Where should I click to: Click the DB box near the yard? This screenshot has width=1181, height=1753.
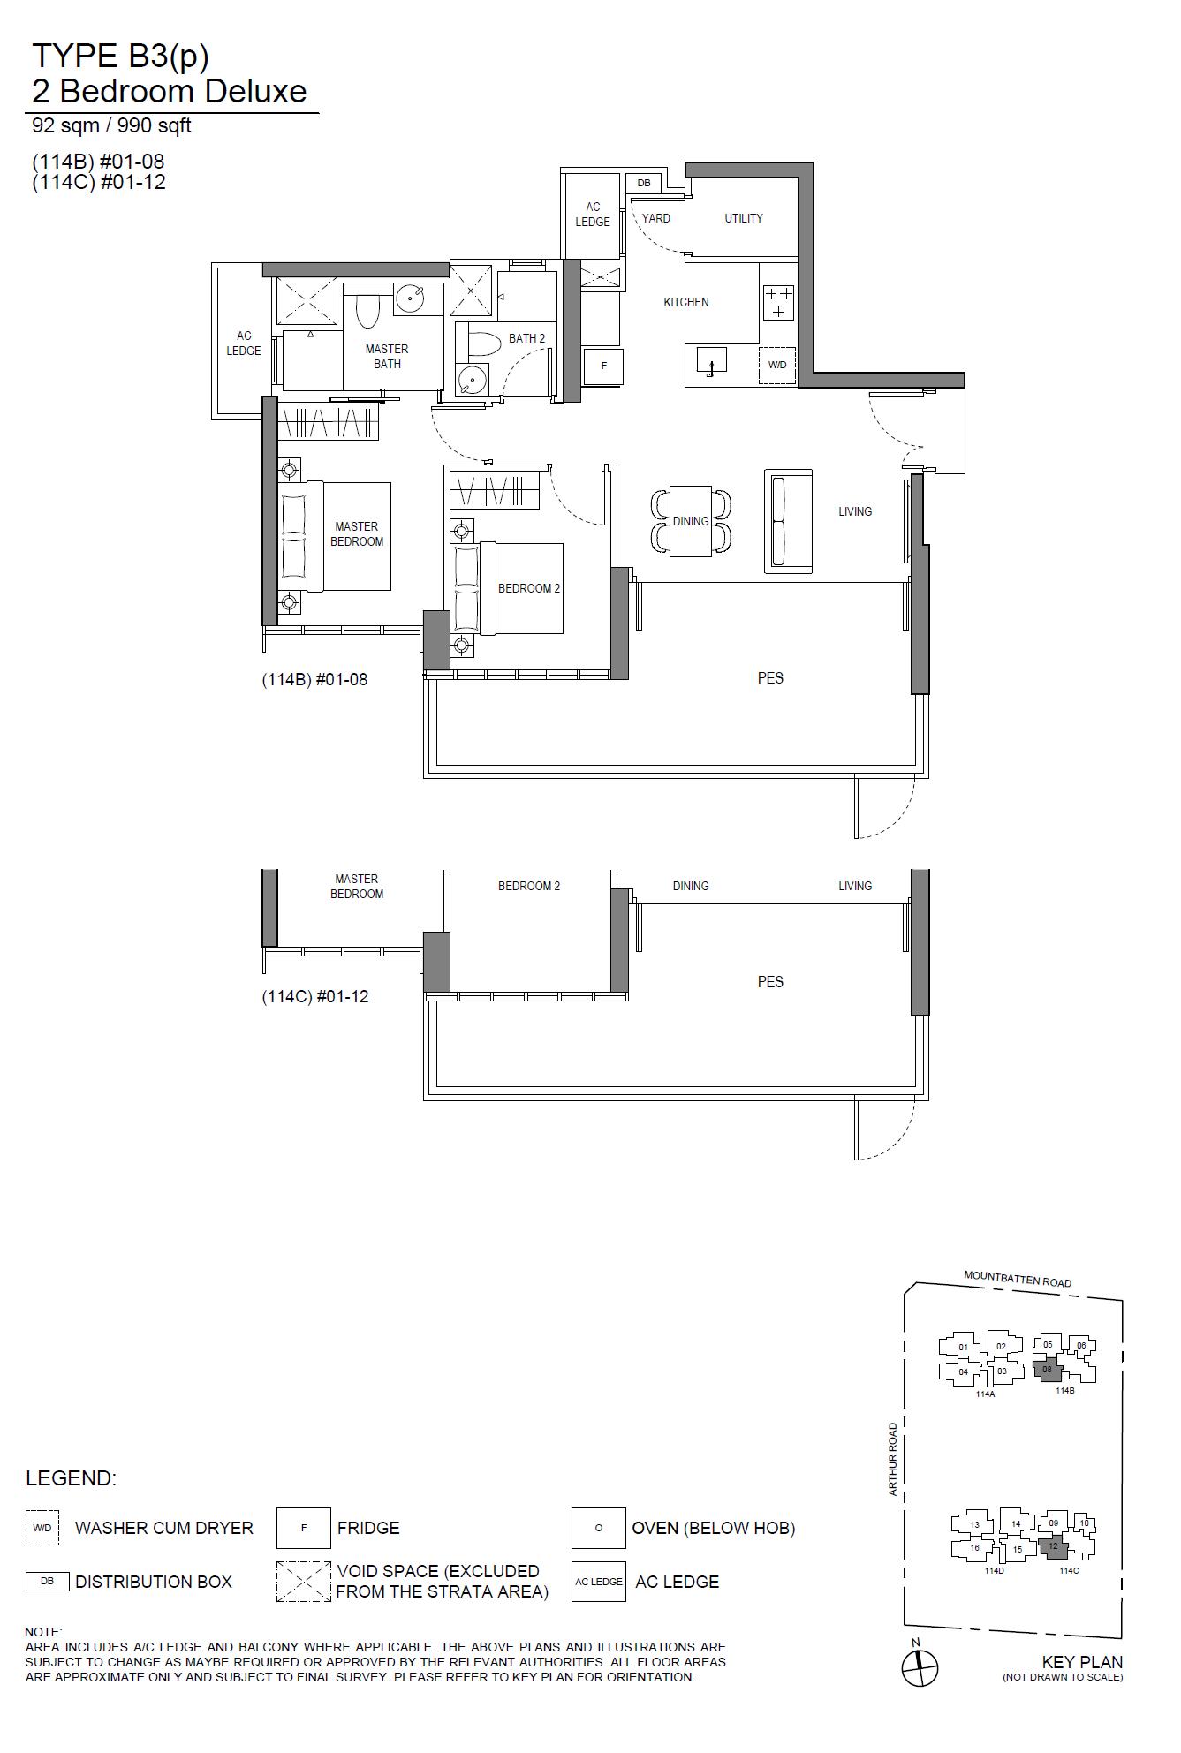click(x=644, y=183)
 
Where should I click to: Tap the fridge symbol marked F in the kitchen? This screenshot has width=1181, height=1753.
click(x=604, y=366)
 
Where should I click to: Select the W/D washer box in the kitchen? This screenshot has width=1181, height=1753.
click(x=777, y=365)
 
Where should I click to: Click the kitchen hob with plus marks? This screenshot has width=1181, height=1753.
click(x=777, y=302)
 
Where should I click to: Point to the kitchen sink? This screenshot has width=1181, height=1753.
click(x=711, y=361)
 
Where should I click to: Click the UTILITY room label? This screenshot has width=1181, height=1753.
click(x=744, y=218)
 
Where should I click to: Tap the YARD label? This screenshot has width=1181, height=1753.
click(x=655, y=218)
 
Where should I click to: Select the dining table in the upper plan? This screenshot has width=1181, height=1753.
click(x=691, y=521)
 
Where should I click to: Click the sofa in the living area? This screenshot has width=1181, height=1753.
click(x=788, y=521)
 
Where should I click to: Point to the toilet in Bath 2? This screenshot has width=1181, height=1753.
click(x=482, y=344)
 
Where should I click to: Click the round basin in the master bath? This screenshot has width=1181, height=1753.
click(x=409, y=298)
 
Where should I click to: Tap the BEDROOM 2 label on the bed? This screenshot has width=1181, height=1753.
click(x=529, y=588)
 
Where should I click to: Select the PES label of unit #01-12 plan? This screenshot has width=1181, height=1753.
click(x=770, y=981)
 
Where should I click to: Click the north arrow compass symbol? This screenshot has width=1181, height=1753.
click(x=920, y=1668)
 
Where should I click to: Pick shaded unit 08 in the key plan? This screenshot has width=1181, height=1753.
click(x=1048, y=1370)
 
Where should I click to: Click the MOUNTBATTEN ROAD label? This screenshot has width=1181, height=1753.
click(x=1018, y=1279)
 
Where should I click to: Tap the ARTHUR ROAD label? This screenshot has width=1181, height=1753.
click(x=893, y=1458)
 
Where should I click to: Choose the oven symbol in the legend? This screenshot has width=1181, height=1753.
click(x=599, y=1528)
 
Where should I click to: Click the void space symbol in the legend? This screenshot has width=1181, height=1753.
click(x=304, y=1582)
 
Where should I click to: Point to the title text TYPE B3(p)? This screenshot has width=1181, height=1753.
click(x=120, y=56)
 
